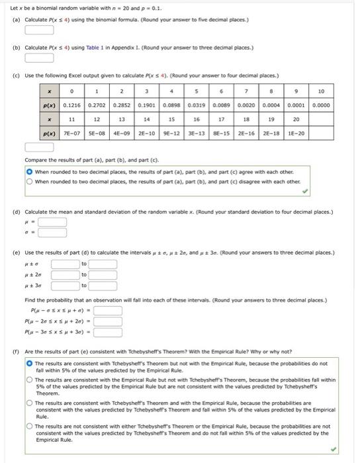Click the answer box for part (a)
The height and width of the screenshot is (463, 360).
tap(39, 29)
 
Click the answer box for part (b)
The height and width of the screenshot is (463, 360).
tap(39, 58)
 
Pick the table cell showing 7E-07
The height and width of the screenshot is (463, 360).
tap(73, 133)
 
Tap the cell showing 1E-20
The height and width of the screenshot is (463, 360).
tap(296, 133)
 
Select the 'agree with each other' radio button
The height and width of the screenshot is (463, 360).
tap(30, 171)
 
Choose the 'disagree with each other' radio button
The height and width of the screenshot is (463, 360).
tap(30, 181)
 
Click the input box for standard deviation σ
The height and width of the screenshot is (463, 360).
tap(52, 232)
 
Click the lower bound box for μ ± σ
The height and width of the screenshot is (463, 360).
tap(66, 265)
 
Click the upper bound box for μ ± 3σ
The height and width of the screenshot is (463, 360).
tap(103, 286)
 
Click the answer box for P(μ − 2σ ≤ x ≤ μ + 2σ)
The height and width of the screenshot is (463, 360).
tap(108, 322)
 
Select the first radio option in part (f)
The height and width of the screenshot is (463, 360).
tap(29, 364)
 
